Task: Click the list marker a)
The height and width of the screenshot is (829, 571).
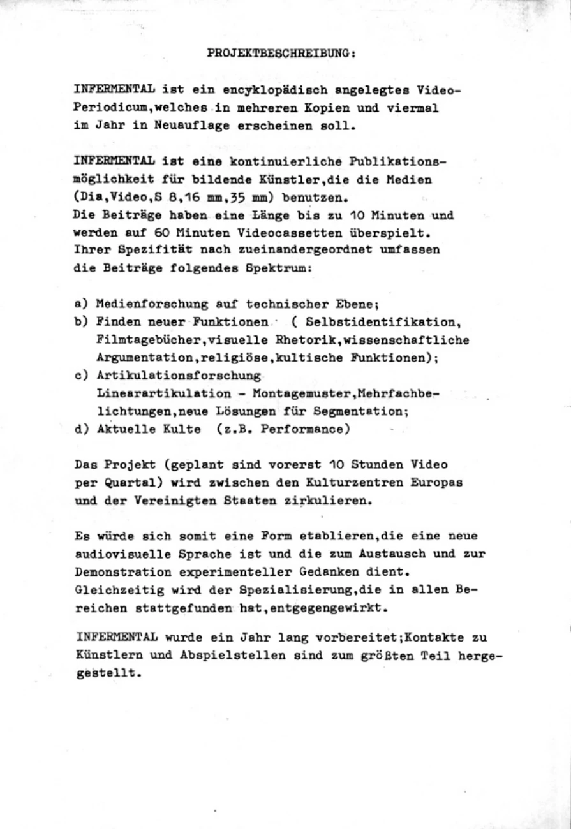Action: (x=81, y=305)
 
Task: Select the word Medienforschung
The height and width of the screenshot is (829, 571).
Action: (x=146, y=305)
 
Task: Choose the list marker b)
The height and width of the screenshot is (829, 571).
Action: (x=81, y=322)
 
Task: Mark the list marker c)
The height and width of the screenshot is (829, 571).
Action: (x=81, y=376)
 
